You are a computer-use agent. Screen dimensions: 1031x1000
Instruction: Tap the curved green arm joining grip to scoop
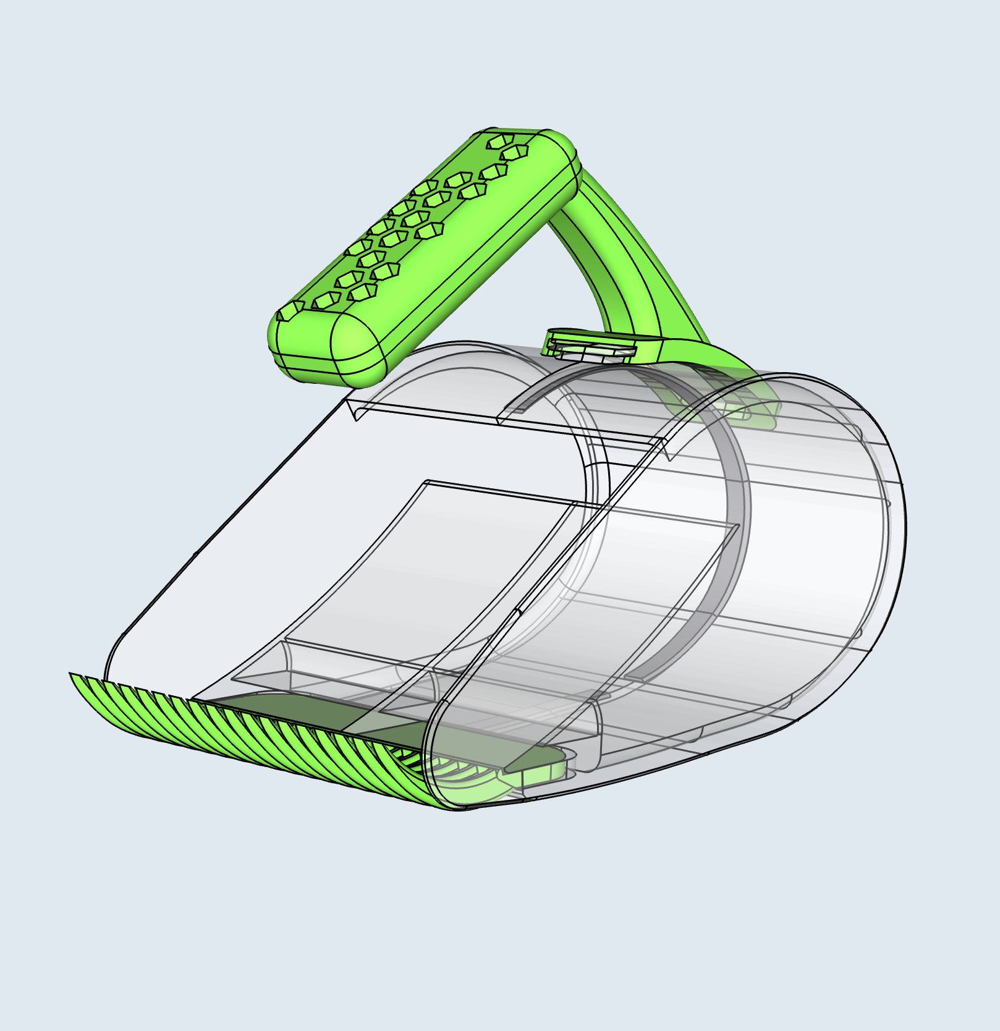pyautogui.click(x=624, y=260)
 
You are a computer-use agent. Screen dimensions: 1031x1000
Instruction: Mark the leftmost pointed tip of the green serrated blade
pyautogui.click(x=72, y=674)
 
